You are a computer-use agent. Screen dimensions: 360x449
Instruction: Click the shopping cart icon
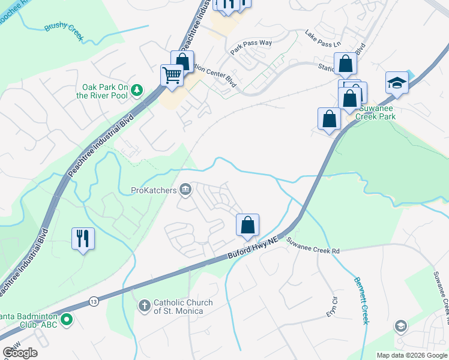172,76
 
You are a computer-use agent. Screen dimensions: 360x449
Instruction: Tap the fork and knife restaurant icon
83,238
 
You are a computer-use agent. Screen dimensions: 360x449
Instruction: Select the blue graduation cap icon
397,82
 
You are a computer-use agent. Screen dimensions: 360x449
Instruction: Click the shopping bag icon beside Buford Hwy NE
247,226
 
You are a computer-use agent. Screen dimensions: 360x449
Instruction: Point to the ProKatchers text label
153,191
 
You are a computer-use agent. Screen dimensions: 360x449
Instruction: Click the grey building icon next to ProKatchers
185,191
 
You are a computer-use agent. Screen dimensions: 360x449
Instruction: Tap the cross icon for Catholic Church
144,306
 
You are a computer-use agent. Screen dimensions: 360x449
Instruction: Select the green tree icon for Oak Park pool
137,90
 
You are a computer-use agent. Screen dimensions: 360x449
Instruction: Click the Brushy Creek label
63,32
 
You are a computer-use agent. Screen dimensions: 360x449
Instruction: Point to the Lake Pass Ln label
322,40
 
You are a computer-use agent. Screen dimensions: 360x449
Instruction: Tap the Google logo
20,352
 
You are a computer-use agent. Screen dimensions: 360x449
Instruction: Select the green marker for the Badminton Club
67,320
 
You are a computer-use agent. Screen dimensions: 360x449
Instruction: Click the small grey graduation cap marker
400,326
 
